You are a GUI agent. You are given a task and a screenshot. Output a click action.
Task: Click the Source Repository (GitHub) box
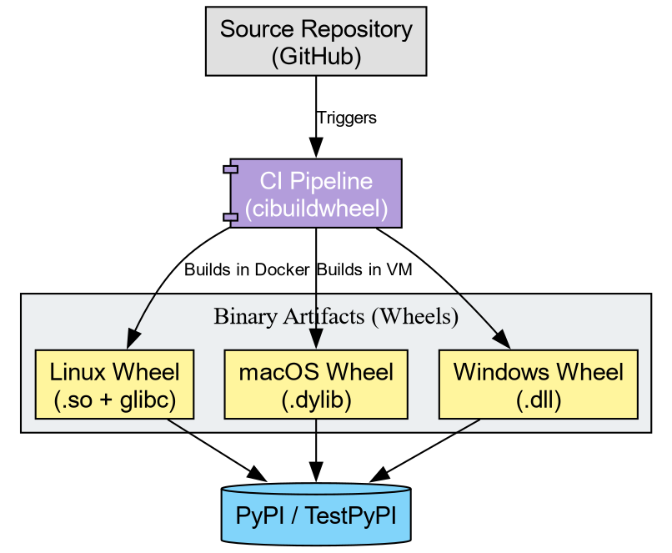point(316,42)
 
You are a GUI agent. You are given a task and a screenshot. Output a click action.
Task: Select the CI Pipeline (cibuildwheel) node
point(316,193)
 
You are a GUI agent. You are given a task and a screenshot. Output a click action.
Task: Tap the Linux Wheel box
point(114,385)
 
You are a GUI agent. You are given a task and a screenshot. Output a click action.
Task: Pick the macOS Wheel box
point(316,385)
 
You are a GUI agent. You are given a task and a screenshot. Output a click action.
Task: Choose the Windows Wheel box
point(538,385)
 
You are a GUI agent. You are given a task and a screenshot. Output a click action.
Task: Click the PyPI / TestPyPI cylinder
point(316,514)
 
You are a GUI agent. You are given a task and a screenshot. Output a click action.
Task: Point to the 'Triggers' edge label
point(347,118)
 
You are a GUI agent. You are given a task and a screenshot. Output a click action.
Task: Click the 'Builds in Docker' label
point(248,269)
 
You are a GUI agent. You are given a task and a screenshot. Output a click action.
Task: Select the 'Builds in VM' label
point(364,269)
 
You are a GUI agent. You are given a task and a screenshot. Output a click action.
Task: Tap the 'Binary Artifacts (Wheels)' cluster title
point(336,317)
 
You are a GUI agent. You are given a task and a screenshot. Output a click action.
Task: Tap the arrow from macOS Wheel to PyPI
point(316,450)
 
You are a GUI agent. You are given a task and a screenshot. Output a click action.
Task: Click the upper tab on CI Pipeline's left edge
point(231,169)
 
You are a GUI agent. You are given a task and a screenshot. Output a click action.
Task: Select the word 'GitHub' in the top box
point(316,56)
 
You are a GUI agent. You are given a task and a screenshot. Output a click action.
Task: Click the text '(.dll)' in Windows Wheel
point(538,400)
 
